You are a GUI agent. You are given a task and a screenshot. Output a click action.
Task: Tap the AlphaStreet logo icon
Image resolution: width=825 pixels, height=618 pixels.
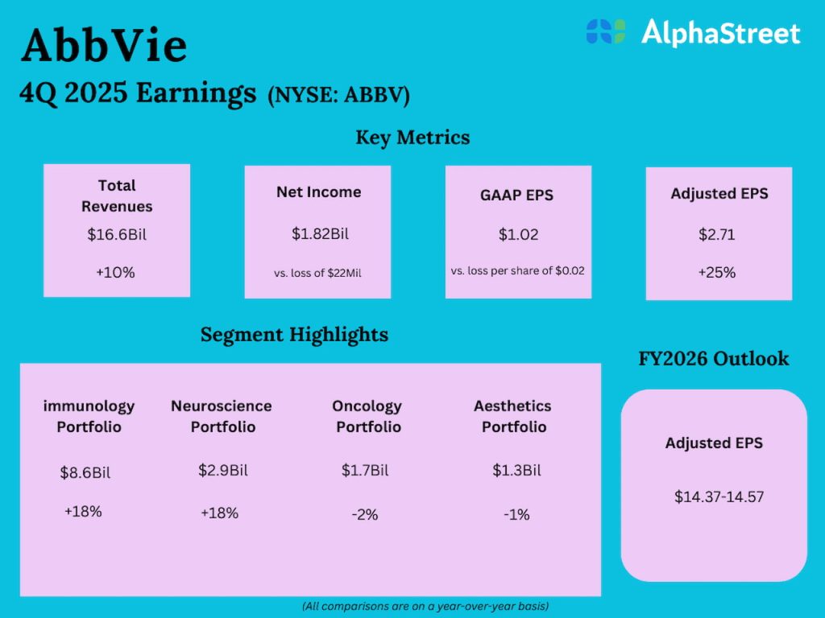click(x=606, y=32)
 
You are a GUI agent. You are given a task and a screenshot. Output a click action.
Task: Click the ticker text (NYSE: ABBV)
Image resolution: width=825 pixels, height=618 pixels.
click(x=338, y=96)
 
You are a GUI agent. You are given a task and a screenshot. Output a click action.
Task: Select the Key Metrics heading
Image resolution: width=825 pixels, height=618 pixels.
click(x=412, y=138)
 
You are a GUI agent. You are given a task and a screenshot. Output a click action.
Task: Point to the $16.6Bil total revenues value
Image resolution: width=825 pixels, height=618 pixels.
click(x=116, y=235)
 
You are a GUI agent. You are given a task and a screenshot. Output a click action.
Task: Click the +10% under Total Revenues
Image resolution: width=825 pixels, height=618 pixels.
click(x=116, y=272)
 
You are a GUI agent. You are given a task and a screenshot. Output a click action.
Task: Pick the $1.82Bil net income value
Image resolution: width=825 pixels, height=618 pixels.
click(x=318, y=234)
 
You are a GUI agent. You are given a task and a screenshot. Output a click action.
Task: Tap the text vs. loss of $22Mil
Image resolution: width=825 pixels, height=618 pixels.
click(x=317, y=273)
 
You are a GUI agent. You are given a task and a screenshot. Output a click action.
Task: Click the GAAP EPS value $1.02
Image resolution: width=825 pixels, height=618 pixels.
click(x=518, y=235)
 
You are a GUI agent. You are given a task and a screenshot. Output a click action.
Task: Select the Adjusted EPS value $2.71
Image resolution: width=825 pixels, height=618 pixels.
click(x=718, y=236)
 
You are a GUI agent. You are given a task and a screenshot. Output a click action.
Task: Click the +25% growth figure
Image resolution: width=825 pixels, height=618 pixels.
click(x=718, y=272)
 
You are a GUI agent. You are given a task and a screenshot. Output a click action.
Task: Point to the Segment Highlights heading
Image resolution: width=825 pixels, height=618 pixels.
click(x=294, y=334)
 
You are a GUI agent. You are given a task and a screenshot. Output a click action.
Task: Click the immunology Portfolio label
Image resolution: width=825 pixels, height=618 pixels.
click(x=89, y=416)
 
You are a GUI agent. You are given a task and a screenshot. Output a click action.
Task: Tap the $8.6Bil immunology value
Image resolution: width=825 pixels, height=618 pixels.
click(x=85, y=472)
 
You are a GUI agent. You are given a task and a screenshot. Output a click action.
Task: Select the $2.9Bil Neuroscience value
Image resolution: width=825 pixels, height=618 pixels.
click(x=222, y=470)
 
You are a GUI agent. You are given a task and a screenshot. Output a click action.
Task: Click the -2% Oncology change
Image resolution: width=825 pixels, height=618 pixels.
click(x=365, y=514)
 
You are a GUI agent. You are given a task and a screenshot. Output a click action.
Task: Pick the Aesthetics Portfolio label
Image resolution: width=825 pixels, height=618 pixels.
click(x=512, y=416)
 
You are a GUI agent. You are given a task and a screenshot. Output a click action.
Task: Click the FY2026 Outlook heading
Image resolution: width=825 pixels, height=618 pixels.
click(x=713, y=358)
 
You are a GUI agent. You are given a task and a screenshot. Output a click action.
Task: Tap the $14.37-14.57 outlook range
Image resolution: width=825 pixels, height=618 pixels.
click(x=719, y=496)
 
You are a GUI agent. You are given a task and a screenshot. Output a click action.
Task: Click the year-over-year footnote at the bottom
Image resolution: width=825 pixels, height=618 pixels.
click(x=425, y=605)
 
